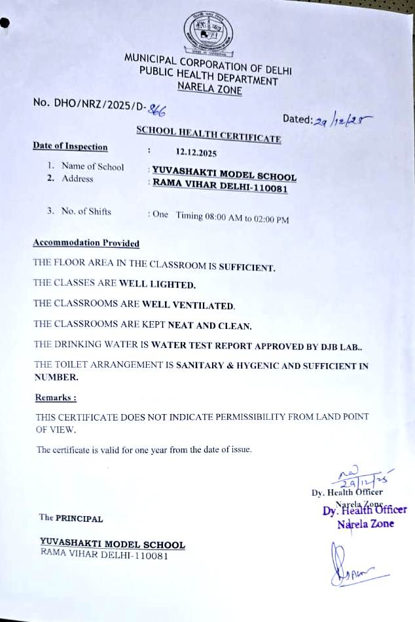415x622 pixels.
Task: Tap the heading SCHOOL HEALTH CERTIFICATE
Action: click(208, 134)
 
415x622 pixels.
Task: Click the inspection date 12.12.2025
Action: click(196, 154)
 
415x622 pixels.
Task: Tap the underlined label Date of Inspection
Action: click(70, 147)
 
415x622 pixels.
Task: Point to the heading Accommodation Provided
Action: click(86, 243)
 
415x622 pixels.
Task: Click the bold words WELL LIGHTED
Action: click(157, 285)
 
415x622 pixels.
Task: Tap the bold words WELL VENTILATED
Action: click(188, 305)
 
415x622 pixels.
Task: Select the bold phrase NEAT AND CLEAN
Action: click(209, 325)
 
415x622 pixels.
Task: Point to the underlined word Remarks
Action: click(55, 397)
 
